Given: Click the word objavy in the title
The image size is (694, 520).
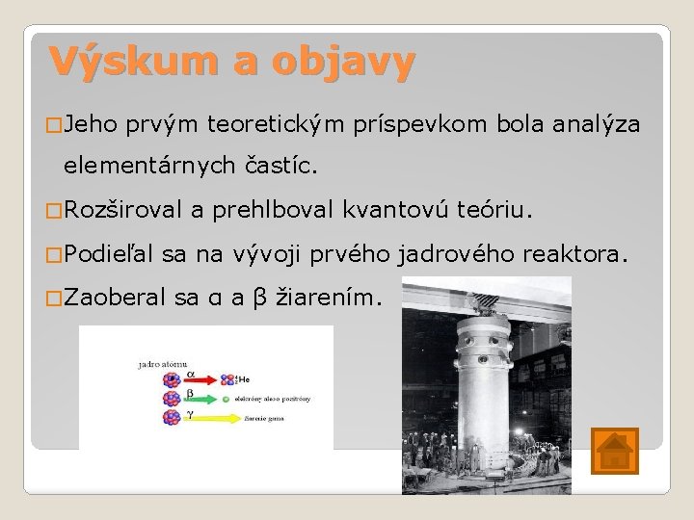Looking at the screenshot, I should coord(343,62).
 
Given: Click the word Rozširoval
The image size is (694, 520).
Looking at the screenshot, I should coord(125,210).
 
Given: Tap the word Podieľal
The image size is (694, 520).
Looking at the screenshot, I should coord(116,254).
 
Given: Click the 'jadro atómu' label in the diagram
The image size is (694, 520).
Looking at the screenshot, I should coord(161,365).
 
